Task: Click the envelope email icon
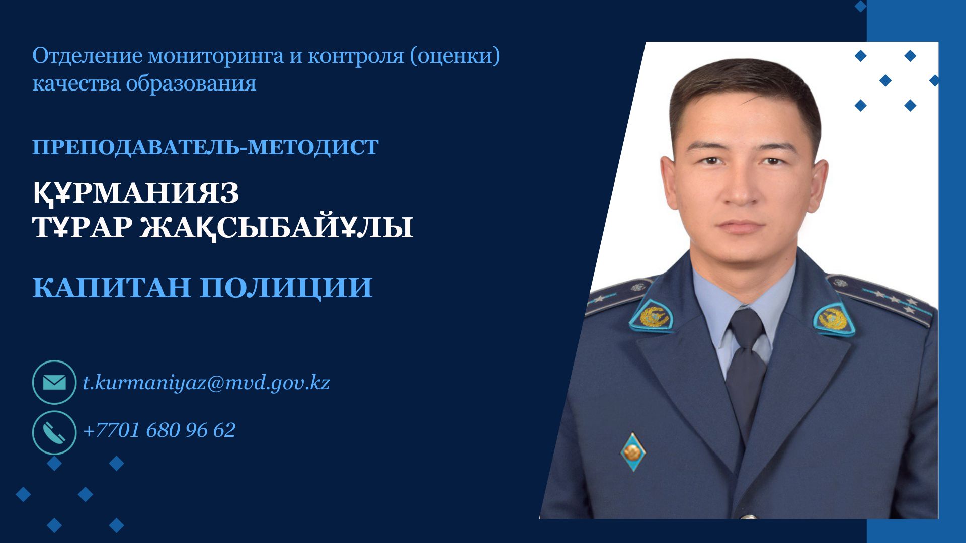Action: pyautogui.click(x=54, y=383)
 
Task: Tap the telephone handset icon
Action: pyautogui.click(x=54, y=432)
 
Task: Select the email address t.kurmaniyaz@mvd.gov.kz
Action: pyautogui.click(x=206, y=383)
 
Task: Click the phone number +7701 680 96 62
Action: pyautogui.click(x=159, y=430)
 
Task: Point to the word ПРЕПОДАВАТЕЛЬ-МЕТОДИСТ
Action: pyautogui.click(x=205, y=147)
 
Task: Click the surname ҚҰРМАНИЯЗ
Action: pyautogui.click(x=136, y=194)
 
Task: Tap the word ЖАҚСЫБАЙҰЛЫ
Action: pyautogui.click(x=276, y=227)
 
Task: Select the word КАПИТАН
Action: pyautogui.click(x=112, y=287)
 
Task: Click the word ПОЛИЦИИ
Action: pyautogui.click(x=286, y=288)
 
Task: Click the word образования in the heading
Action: pyautogui.click(x=191, y=83)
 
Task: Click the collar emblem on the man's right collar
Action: pyautogui.click(x=653, y=317)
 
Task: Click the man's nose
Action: pyautogui.click(x=740, y=189)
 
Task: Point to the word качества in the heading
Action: pyautogui.click(x=76, y=83)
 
